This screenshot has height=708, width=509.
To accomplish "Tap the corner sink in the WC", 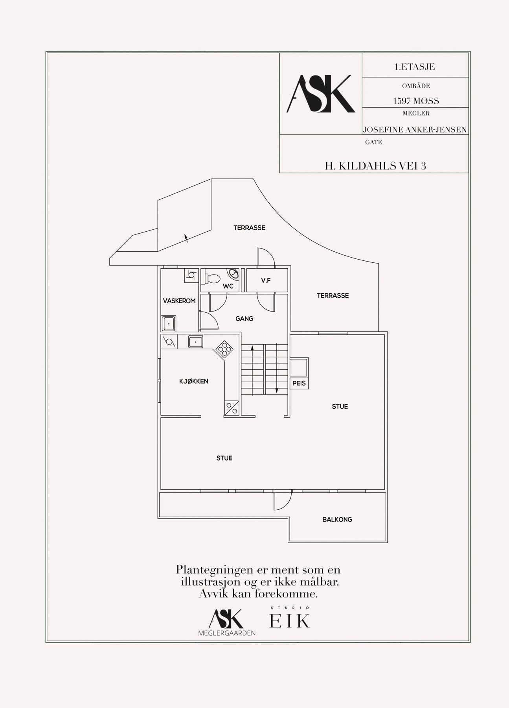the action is (x=233, y=273).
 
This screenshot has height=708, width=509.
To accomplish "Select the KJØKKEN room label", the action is (x=194, y=381).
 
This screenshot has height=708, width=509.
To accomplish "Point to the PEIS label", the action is (x=299, y=383).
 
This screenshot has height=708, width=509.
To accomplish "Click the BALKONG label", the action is (x=337, y=520).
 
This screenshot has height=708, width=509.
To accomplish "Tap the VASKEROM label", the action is (x=179, y=301).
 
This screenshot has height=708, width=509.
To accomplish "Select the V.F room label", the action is (x=266, y=280).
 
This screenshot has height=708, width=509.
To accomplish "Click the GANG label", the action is (x=244, y=319).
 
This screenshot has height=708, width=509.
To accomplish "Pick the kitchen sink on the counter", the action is (x=195, y=341).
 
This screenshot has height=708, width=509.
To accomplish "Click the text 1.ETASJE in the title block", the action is (x=415, y=67).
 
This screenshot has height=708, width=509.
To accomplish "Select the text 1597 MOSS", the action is (x=416, y=101).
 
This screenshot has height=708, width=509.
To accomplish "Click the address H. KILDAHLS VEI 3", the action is (x=375, y=166).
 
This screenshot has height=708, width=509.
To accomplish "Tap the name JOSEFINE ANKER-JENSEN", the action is (x=415, y=130).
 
